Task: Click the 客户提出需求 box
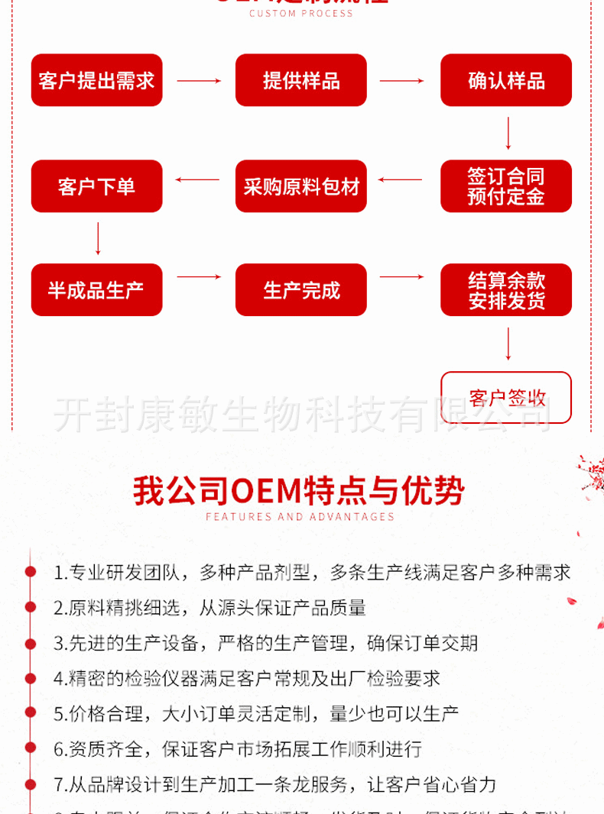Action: (96, 80)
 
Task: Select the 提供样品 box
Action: (301, 80)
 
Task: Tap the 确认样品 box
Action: (506, 80)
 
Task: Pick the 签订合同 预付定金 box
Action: (506, 186)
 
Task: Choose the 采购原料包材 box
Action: (301, 186)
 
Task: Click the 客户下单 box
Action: (96, 186)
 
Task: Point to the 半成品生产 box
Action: (96, 290)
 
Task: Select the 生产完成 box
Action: (301, 290)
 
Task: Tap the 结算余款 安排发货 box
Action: (506, 290)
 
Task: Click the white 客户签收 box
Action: (506, 397)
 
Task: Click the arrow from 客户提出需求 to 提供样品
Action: (199, 81)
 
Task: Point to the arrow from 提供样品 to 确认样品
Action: (402, 81)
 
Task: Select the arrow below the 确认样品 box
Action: (508, 133)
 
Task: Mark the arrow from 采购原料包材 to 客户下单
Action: (198, 180)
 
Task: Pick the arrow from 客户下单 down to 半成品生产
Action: (98, 238)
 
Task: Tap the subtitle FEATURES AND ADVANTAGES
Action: (300, 517)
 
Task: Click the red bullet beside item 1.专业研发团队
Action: (31, 571)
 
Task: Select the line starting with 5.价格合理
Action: (256, 715)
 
